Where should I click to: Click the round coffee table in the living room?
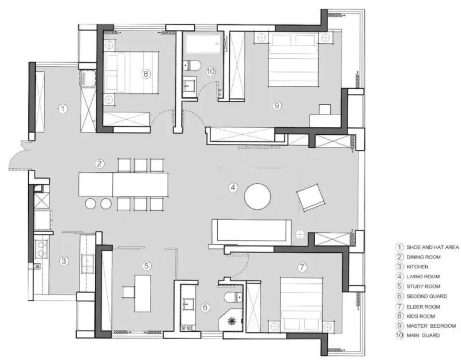pos(257,196)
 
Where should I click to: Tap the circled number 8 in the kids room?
pos(146,74)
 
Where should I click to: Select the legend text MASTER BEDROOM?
pos(431,325)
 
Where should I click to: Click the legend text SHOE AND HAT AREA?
pos(433,247)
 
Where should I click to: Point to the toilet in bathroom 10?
pos(191,65)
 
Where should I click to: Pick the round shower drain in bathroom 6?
pos(232,321)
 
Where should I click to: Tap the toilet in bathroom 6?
pos(233,297)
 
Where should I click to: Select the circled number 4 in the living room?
pos(233,187)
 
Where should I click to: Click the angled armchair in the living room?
pos(311,197)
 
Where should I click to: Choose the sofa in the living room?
pos(251,233)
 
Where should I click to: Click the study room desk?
pos(142,293)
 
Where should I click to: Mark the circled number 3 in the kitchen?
pos(64,261)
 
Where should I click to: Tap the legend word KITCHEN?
pos(417,267)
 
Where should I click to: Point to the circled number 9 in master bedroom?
pos(277,105)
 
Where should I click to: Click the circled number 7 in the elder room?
pos(302,267)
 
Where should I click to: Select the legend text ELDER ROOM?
pos(423,306)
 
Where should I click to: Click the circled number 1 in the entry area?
pos(63,109)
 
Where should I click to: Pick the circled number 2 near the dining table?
pos(99,164)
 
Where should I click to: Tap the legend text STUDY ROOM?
pos(423,286)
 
